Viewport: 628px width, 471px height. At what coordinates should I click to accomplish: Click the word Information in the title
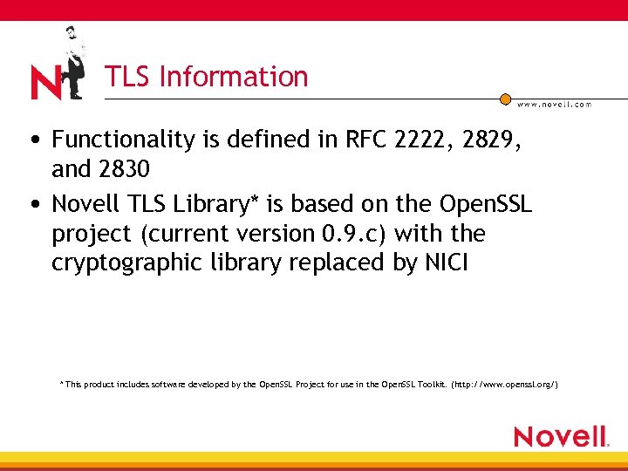point(234,77)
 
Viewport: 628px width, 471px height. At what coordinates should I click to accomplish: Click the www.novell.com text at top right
point(554,104)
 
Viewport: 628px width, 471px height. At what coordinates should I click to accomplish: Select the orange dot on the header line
point(505,99)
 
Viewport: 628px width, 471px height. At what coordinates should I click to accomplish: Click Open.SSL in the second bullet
point(484,204)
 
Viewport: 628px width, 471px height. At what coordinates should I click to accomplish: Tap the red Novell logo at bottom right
point(560,436)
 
